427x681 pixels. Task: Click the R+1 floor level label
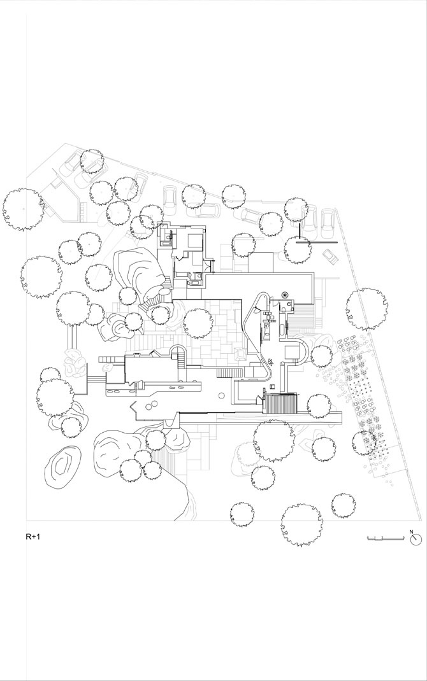[x=33, y=537]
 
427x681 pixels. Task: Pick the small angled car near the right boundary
[x=331, y=256]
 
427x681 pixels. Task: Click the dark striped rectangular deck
[x=282, y=404]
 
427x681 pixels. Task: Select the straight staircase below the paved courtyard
[x=229, y=372]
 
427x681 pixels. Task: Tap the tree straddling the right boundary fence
[x=366, y=309]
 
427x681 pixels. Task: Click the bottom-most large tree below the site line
[x=302, y=525]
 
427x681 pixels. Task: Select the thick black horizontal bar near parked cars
[x=317, y=243]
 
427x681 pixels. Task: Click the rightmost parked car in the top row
[x=328, y=223]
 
